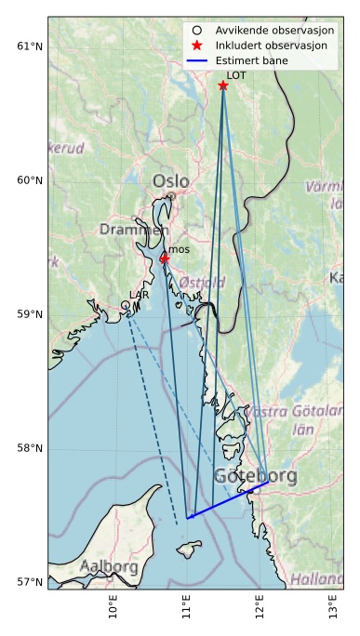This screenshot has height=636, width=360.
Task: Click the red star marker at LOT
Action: click(x=223, y=86)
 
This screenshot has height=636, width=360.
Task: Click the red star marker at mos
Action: click(x=165, y=258)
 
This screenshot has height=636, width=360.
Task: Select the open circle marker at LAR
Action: click(x=126, y=305)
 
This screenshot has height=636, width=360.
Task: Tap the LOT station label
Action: click(x=236, y=75)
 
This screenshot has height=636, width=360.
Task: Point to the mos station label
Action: click(x=179, y=249)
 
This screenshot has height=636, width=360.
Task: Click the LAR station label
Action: click(x=139, y=295)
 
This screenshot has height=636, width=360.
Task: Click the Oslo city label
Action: click(x=170, y=181)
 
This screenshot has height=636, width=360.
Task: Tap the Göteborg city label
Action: click(x=256, y=477)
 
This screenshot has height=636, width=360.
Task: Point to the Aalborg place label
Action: click(x=109, y=566)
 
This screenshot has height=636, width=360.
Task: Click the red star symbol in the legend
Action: click(x=196, y=46)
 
